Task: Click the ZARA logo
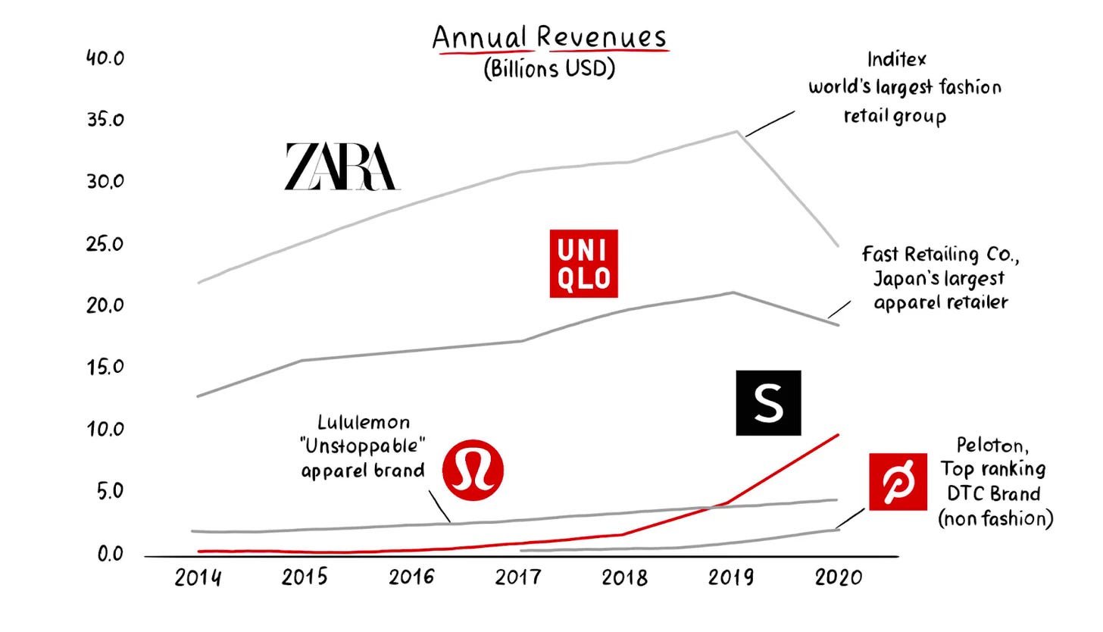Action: point(342,167)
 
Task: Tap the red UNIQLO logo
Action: point(583,263)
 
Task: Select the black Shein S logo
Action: point(768,403)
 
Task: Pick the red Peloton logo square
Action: point(898,481)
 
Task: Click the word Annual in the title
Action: point(479,37)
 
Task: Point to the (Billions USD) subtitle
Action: point(549,68)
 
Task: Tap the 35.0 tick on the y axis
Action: point(105,120)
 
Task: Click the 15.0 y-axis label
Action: point(105,368)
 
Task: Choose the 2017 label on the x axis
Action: point(518,577)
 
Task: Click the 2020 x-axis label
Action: point(839,577)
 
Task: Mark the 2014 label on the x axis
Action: point(198,577)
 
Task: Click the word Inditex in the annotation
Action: point(896,59)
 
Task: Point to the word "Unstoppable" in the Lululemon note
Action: point(364,446)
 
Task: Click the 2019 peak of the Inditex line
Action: point(736,131)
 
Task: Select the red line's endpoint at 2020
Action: point(838,434)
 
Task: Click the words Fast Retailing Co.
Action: point(940,255)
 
